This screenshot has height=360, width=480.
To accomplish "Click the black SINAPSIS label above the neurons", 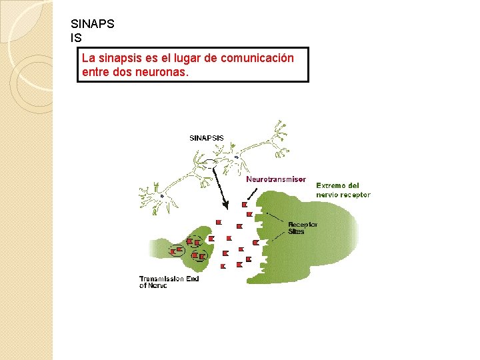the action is [x=207, y=138].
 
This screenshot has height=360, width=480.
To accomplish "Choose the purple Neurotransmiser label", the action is [x=276, y=179].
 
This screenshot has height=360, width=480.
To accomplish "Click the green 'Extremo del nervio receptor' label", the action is [x=342, y=190].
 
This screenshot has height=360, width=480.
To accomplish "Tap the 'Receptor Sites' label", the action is [x=302, y=228].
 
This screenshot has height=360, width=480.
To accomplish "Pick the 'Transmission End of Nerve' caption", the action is [x=169, y=282].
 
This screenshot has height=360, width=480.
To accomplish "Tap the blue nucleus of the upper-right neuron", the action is [x=236, y=157].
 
